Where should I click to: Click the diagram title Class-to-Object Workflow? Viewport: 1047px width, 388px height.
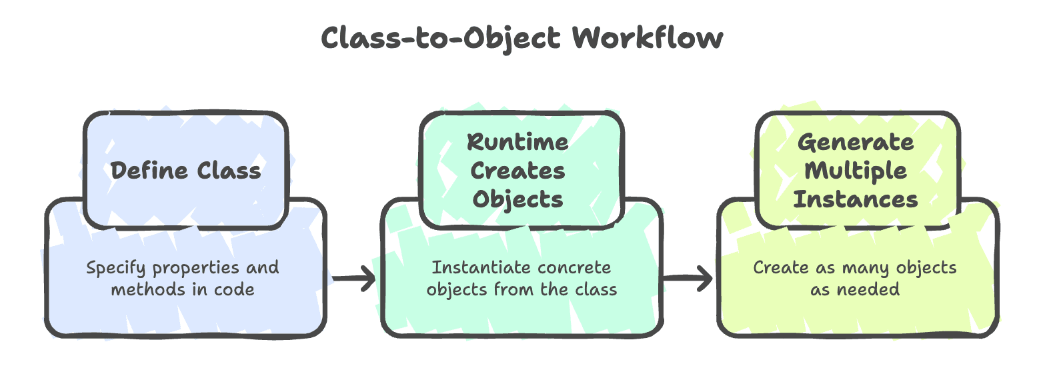click(x=522, y=38)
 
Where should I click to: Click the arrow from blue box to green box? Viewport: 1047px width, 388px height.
click(x=353, y=278)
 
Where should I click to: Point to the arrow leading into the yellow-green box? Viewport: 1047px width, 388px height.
click(x=690, y=278)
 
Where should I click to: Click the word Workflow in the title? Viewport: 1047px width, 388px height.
click(x=648, y=38)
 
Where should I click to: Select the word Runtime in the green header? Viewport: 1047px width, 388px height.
click(x=517, y=142)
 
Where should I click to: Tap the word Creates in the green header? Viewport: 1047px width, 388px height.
click(x=517, y=171)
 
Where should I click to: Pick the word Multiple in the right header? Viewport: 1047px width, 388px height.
click(x=856, y=171)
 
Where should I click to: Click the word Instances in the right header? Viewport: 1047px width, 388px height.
click(x=856, y=199)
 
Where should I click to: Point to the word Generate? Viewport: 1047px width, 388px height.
click(x=856, y=142)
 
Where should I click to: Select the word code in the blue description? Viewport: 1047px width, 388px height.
click(x=234, y=289)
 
